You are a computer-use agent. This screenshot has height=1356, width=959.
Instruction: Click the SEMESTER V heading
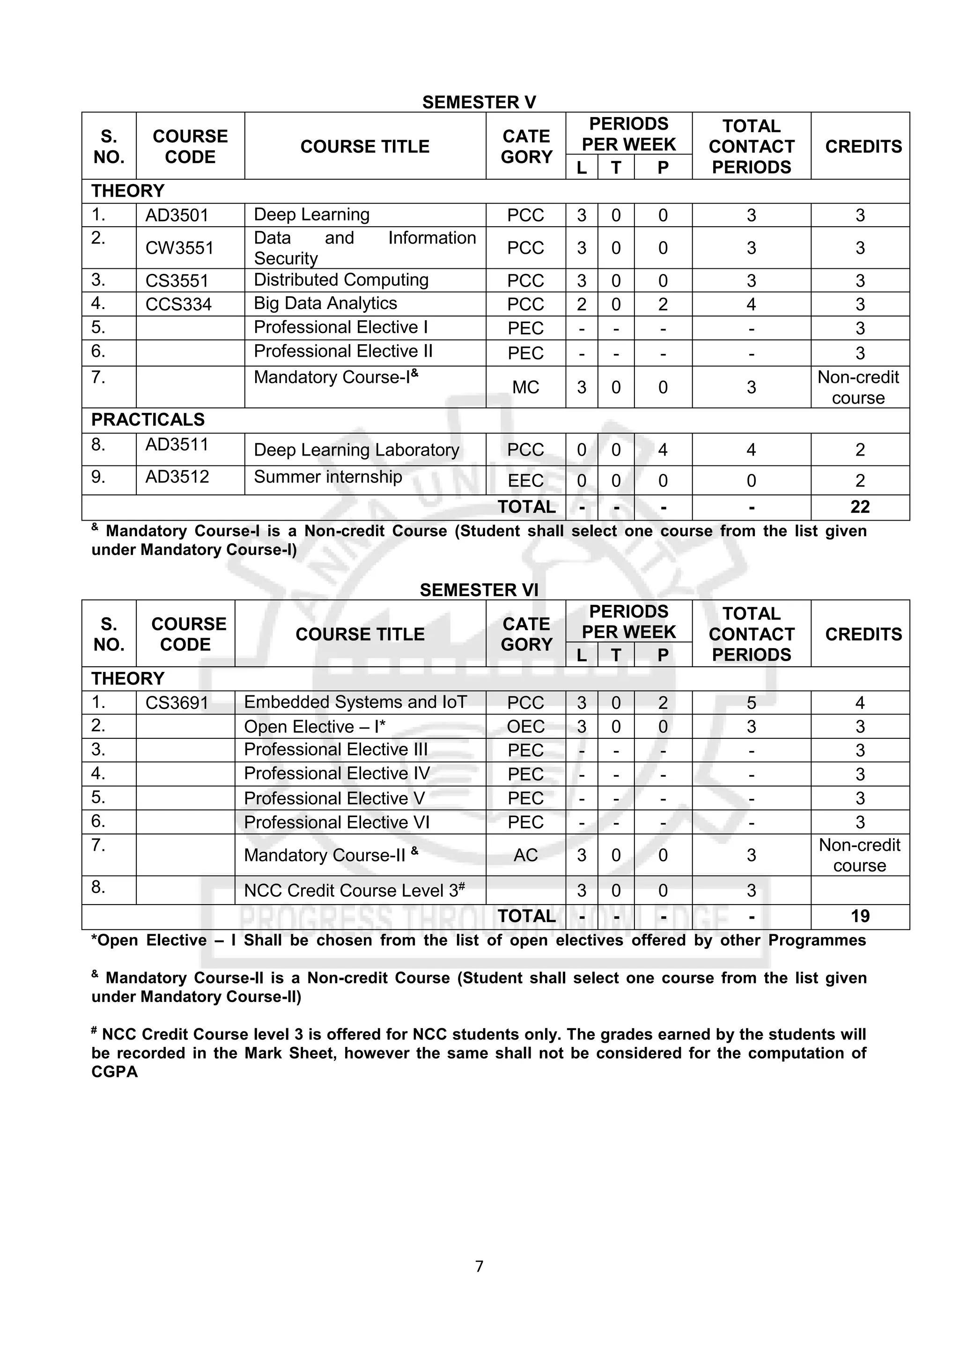[x=479, y=102]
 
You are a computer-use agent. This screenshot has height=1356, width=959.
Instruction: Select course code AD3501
[x=177, y=215]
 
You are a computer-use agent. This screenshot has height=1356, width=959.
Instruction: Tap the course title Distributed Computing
[x=341, y=280]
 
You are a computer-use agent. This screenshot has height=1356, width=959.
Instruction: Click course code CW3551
[x=179, y=247]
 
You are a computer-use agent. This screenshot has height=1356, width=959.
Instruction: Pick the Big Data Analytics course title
[x=325, y=303]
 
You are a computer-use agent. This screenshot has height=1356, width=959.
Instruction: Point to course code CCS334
[x=178, y=304]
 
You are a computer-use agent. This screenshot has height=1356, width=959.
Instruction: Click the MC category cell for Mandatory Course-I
[x=525, y=387]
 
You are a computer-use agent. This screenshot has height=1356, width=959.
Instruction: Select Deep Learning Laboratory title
[x=356, y=450]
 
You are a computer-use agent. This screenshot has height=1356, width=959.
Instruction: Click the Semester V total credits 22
[x=859, y=507]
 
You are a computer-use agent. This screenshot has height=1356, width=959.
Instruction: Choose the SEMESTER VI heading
[x=479, y=590]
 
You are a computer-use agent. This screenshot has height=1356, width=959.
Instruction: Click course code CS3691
[x=177, y=703]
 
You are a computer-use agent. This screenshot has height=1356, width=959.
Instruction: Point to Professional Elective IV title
[x=337, y=774]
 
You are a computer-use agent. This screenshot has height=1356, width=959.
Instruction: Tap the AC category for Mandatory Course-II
[x=525, y=855]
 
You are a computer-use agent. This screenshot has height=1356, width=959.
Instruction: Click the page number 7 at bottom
[x=479, y=1266]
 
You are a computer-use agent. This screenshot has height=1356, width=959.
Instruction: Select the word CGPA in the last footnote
[x=115, y=1072]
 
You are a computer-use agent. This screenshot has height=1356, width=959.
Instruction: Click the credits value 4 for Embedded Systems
[x=859, y=703]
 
